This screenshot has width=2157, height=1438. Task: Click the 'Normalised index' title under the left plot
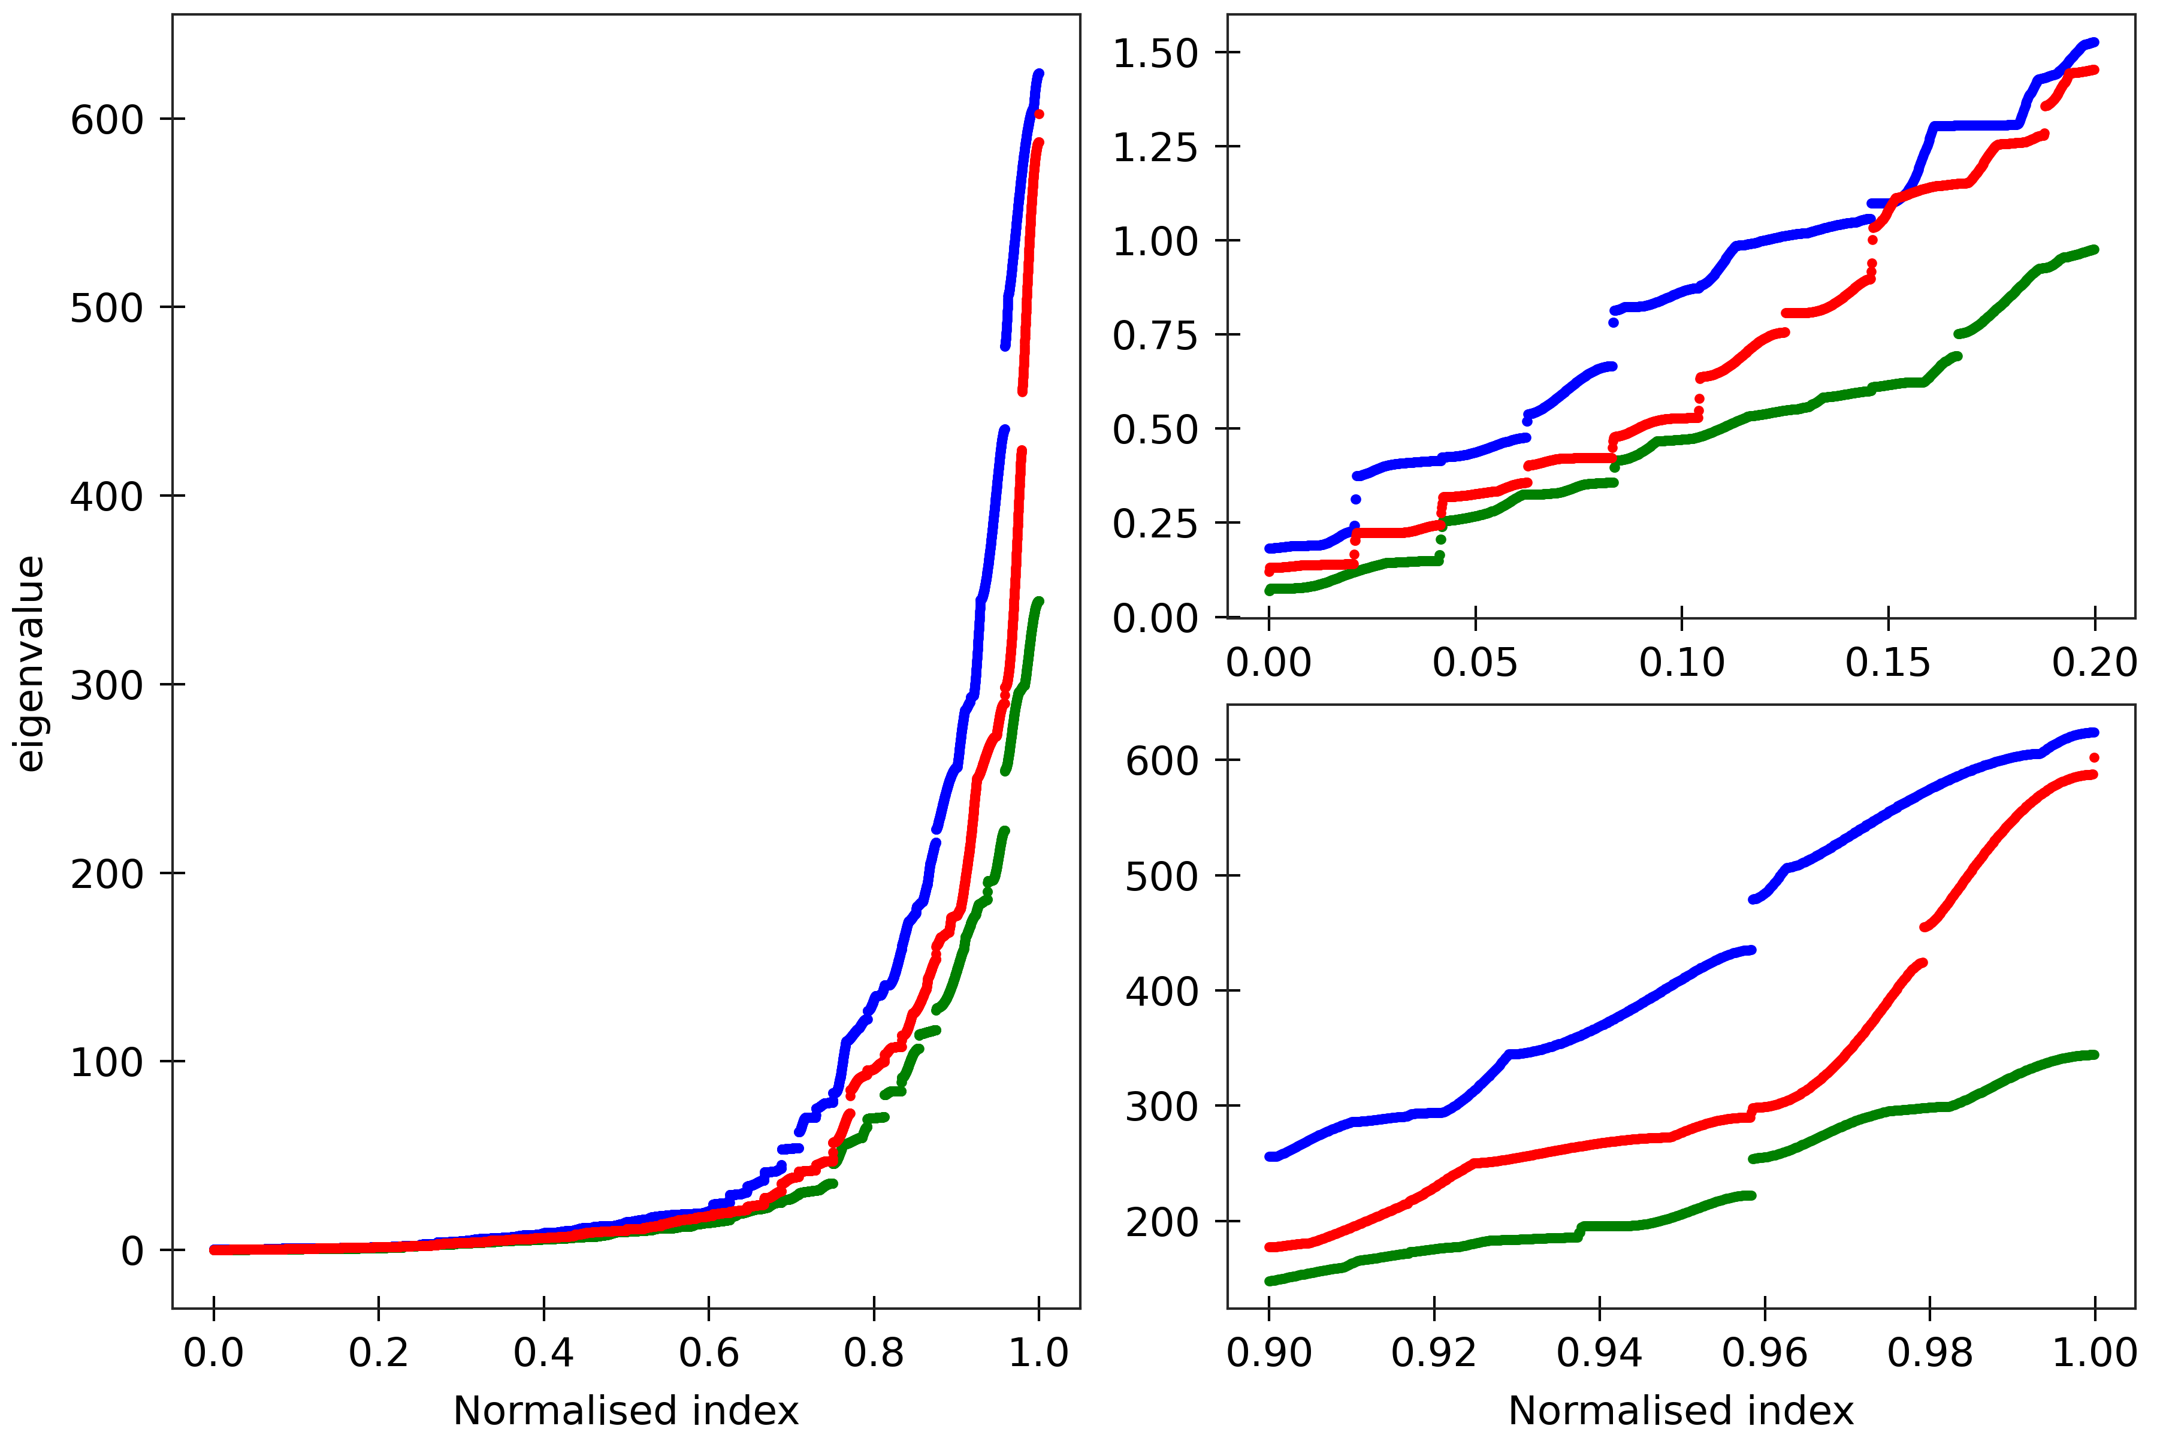[x=626, y=1410]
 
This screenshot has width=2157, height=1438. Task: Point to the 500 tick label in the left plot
[x=107, y=307]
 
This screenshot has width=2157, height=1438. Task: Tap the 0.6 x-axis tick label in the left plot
[x=708, y=1353]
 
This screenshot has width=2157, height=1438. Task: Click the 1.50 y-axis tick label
[x=1155, y=53]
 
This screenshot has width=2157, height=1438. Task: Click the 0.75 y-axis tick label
[x=1155, y=336]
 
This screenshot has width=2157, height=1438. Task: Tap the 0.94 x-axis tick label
[x=1599, y=1353]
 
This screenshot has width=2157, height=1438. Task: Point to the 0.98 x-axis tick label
[x=1929, y=1353]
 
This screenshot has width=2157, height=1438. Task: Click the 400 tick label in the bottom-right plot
[x=1161, y=992]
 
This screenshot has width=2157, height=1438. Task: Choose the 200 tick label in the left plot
[x=107, y=873]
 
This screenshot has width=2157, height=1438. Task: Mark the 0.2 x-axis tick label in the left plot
[x=378, y=1353]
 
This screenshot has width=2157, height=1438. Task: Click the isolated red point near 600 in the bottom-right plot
[x=2093, y=757]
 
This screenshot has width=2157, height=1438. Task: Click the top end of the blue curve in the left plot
[x=1039, y=73]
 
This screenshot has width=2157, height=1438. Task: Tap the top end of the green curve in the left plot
[x=1039, y=602]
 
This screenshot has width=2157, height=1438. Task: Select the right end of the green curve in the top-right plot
[x=2093, y=249]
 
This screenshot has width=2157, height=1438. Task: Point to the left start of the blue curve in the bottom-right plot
[x=1270, y=1156]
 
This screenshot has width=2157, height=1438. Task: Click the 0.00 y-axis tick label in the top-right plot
[x=1155, y=619]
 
